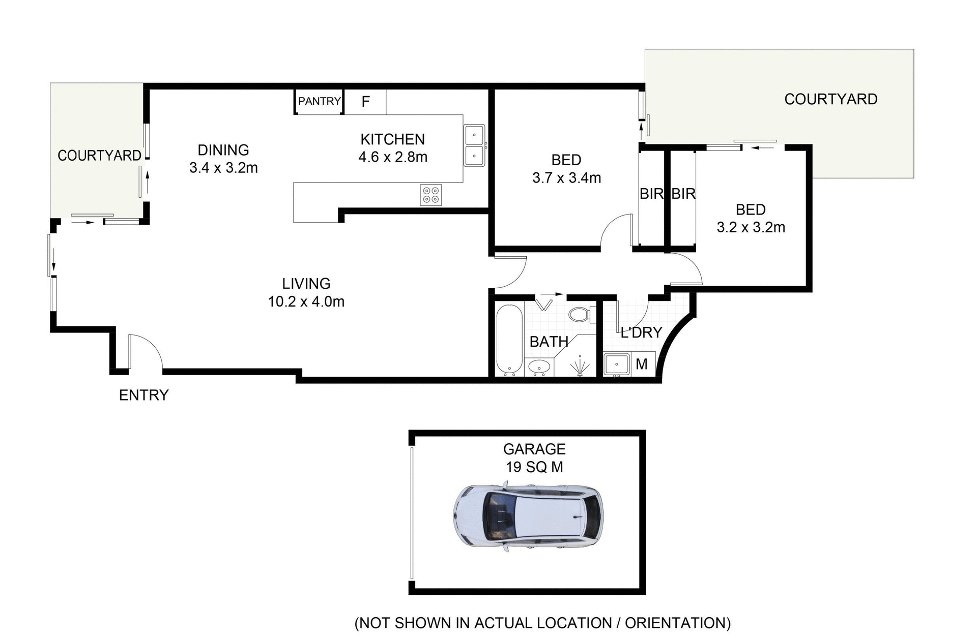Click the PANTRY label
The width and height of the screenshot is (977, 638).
point(319,101)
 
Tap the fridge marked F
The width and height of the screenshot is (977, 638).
point(365,102)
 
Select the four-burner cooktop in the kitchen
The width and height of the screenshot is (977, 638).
point(430,195)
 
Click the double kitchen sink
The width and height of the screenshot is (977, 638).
point(474,145)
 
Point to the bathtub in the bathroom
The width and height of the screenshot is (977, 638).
point(509,339)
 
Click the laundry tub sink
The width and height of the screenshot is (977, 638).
point(616,364)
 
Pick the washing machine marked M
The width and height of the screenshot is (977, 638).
point(642,364)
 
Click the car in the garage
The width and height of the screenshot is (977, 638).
point(528,517)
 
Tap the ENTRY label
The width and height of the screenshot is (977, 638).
point(143,395)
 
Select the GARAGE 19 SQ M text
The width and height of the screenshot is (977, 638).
point(534,458)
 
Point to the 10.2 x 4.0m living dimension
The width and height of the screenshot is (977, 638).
point(306,301)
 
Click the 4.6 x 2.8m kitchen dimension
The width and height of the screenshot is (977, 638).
point(393,157)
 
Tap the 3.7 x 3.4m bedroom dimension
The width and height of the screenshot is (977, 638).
point(566,178)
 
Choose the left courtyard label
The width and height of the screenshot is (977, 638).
point(99,156)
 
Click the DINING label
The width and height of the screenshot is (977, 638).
point(223,150)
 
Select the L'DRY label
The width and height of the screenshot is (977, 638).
point(641,332)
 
